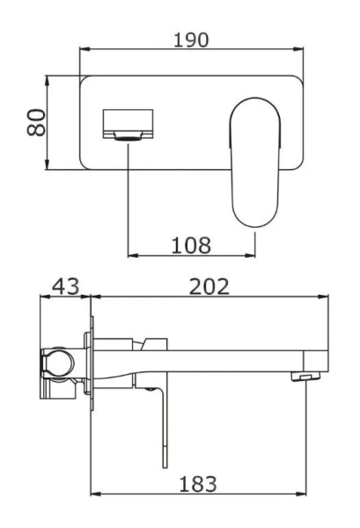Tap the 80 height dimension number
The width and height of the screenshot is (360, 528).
point(34,123)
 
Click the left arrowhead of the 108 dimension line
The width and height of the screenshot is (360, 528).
point(132,256)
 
